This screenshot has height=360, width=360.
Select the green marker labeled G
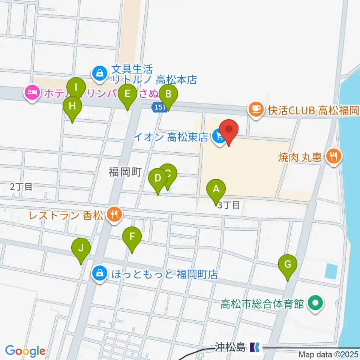(288, 264)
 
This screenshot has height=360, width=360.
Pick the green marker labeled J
(81, 248)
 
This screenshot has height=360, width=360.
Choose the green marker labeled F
(132, 237)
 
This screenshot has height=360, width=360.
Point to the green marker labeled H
(72, 106)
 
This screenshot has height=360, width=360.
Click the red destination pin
(228, 130)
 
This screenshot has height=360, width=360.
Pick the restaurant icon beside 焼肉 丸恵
(333, 155)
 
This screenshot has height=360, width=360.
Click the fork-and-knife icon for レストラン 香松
(113, 214)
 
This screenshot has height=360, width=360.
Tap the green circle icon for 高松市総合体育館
(315, 303)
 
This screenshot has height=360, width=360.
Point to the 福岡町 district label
(125, 172)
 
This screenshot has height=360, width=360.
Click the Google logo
(25, 351)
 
